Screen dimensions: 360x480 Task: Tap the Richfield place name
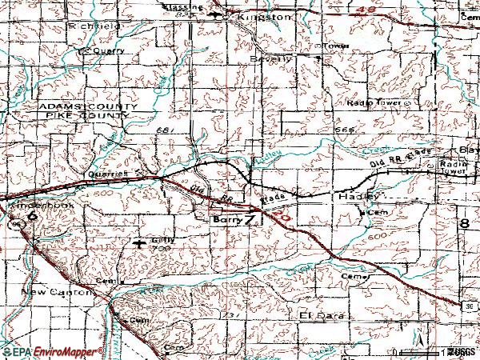(94, 26)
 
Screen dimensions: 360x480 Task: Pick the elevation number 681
(165, 129)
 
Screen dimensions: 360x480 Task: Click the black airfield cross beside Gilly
(141, 242)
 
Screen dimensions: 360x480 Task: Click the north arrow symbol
(418, 339)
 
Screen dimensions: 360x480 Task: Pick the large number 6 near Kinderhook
(31, 217)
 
